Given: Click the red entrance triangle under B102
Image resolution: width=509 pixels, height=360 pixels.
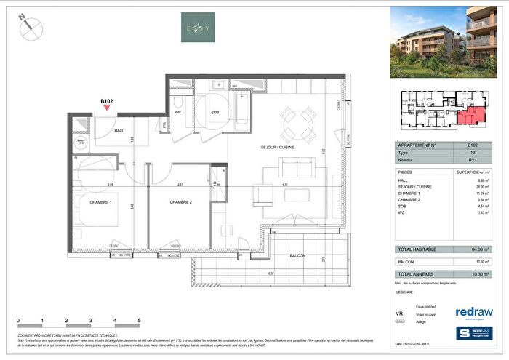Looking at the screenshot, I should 107,108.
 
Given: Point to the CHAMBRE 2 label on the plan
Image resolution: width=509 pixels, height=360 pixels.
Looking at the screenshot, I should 181,202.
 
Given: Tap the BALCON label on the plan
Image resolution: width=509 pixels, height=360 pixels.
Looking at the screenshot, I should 296,255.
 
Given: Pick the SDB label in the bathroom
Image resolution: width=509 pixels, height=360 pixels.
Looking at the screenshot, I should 216,113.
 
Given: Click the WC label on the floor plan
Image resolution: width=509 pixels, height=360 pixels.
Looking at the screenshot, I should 177,112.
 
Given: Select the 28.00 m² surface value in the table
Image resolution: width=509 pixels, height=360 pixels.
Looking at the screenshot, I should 473,185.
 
